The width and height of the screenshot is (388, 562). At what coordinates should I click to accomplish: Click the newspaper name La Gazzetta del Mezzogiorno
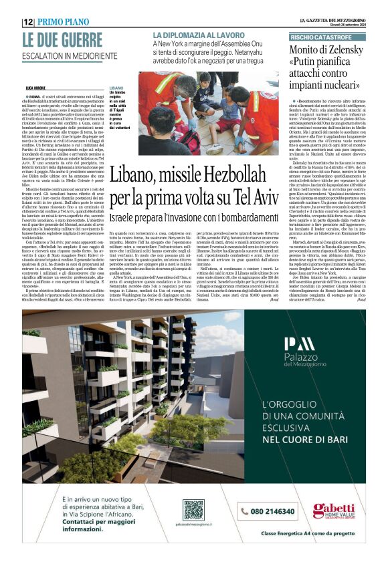(x=332, y=21)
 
